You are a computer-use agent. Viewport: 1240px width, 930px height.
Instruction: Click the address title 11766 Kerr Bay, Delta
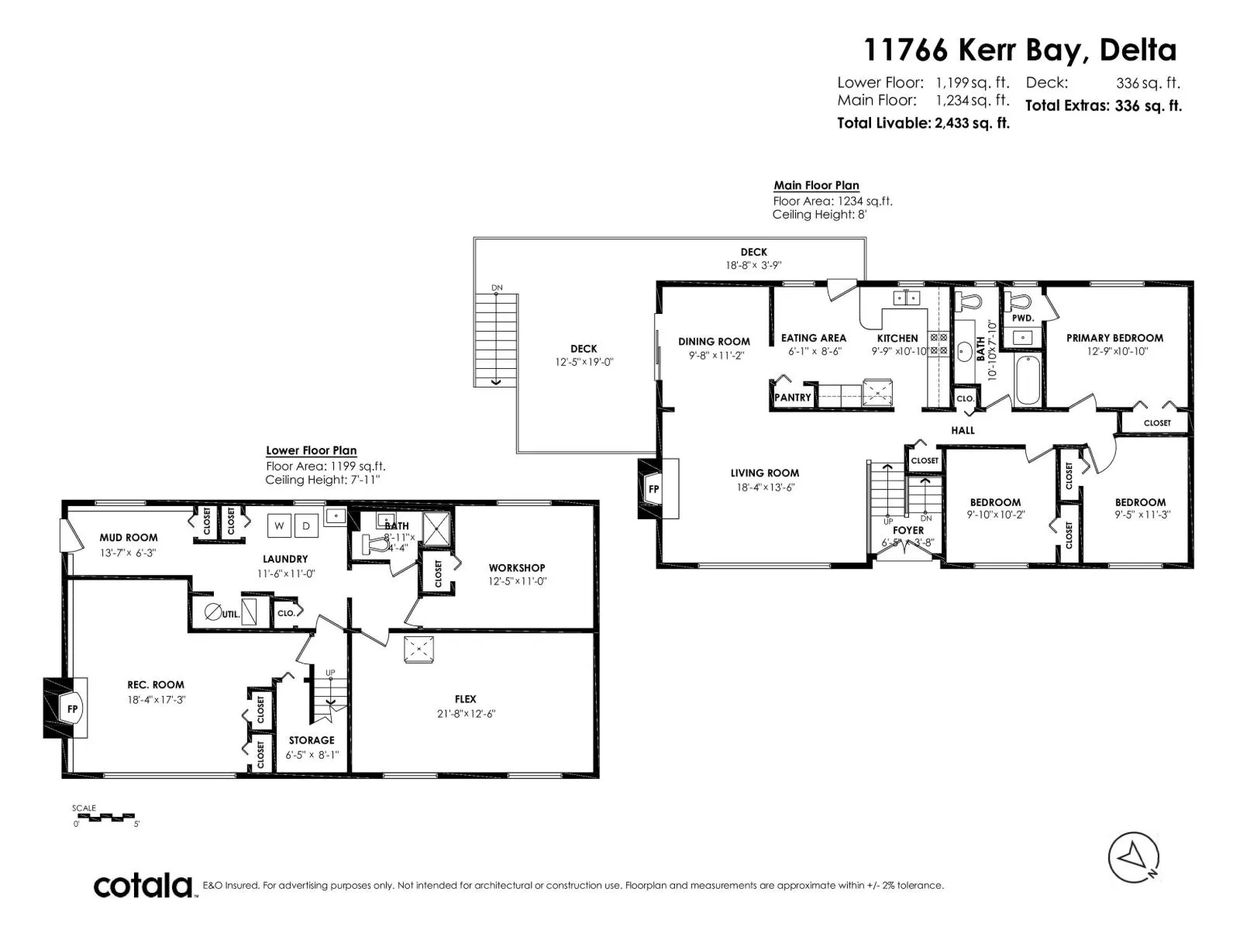pos(1020,50)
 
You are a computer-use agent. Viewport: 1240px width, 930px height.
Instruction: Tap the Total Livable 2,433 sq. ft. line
pos(923,123)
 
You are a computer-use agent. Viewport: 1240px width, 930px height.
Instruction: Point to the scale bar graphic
pos(107,817)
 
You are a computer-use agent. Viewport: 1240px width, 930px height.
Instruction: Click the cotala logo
pos(143,886)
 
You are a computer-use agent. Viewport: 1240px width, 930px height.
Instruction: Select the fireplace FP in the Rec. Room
pos(71,709)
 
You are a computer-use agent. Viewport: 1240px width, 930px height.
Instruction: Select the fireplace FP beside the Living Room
pos(653,489)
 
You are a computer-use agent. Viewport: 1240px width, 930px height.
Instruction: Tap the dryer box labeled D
pos(306,525)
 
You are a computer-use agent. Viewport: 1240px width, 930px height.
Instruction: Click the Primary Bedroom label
pos(1114,338)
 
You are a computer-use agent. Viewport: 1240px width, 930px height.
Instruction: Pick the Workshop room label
pos(517,568)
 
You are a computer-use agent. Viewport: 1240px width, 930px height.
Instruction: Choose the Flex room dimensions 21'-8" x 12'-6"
pos(465,713)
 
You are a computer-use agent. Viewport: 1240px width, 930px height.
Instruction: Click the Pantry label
pos(792,398)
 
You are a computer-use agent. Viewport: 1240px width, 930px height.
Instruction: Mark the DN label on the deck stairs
pos(497,288)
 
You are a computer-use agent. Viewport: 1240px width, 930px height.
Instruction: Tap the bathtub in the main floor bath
pos(1028,380)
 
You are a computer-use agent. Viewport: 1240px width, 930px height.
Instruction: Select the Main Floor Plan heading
pos(816,185)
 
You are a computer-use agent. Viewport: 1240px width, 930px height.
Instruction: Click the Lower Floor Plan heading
pos(311,450)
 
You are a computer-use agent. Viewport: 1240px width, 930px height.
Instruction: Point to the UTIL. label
pos(231,614)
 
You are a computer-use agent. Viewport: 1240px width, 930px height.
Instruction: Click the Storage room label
pos(312,740)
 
